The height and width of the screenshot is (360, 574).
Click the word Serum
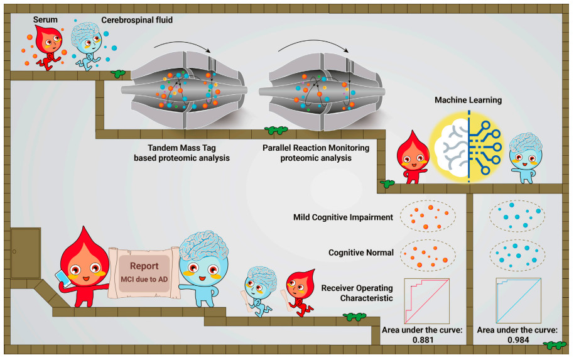click(x=45, y=19)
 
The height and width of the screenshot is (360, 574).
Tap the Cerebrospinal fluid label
click(x=137, y=20)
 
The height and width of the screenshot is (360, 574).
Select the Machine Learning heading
click(x=468, y=100)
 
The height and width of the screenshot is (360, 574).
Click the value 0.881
click(x=423, y=340)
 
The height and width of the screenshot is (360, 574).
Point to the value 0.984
click(x=518, y=340)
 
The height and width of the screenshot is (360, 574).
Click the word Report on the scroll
click(x=144, y=266)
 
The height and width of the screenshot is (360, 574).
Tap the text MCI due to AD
click(x=144, y=280)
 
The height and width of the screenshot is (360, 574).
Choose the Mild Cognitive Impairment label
click(x=343, y=217)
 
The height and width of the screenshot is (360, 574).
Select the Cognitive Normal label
click(x=361, y=253)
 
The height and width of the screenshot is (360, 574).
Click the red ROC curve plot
click(x=427, y=301)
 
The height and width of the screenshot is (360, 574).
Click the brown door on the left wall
click(x=26, y=253)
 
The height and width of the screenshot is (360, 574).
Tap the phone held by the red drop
click(x=63, y=278)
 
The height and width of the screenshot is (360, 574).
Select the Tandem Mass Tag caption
click(x=181, y=153)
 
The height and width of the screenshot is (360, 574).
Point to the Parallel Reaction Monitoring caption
click(x=316, y=153)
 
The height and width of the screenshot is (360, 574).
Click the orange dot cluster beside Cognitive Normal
click(x=428, y=255)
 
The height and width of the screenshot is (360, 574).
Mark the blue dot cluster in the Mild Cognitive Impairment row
click(x=517, y=216)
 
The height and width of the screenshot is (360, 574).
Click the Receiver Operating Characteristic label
click(x=357, y=293)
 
